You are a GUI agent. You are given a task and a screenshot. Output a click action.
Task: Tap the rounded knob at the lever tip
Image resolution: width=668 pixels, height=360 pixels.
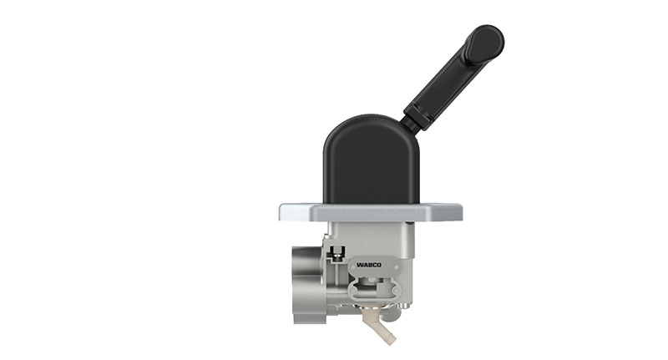[x=483, y=42]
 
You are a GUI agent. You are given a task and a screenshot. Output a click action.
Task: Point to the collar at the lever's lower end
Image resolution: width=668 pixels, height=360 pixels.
[x=418, y=116]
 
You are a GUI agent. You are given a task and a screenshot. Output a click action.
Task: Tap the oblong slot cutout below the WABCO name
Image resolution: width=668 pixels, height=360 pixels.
[x=371, y=289]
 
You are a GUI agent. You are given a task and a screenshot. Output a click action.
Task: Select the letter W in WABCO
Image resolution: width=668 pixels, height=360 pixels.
[x=359, y=265]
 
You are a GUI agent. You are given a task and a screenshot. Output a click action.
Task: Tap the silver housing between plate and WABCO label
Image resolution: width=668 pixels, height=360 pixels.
[x=372, y=238]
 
